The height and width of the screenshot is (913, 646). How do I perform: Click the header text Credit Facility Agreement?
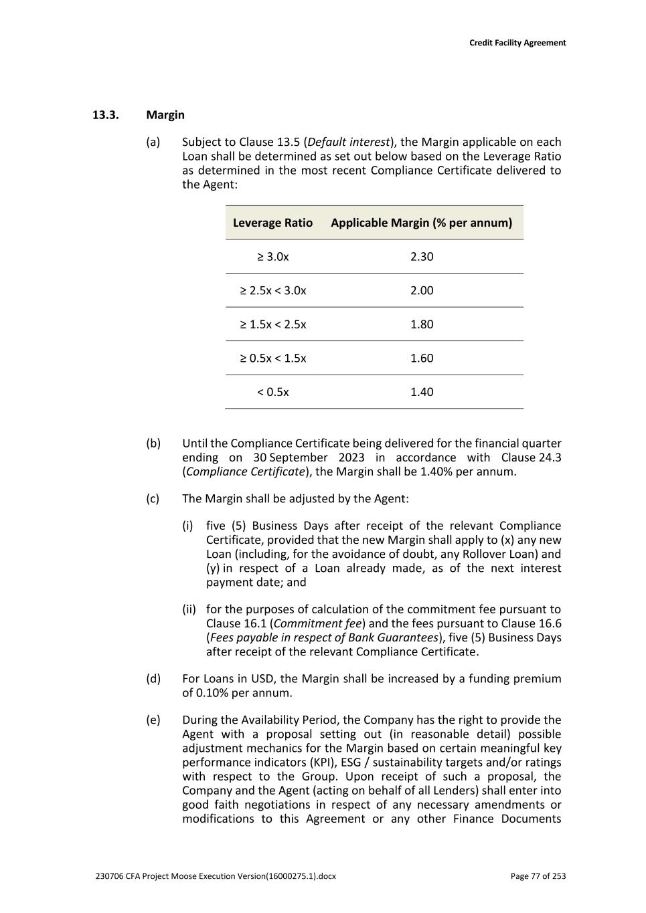click(517, 43)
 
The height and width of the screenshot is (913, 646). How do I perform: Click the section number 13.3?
click(105, 115)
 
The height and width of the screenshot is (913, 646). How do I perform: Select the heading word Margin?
click(165, 115)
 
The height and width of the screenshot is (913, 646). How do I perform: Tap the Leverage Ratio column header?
click(272, 223)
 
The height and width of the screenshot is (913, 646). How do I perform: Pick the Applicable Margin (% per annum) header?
click(421, 223)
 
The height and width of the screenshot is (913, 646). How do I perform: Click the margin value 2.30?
click(422, 257)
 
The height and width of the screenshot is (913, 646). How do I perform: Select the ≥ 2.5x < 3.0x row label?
click(273, 291)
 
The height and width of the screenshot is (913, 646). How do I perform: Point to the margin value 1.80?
click(422, 324)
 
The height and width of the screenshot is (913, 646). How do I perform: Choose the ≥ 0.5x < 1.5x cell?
click(273, 359)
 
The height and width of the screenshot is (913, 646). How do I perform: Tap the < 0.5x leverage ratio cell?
click(273, 392)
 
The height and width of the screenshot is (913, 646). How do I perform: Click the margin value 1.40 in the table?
click(422, 392)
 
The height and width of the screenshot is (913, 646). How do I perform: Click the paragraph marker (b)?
click(153, 443)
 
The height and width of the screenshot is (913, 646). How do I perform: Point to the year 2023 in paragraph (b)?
click(351, 458)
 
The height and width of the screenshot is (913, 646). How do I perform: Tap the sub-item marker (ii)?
click(189, 609)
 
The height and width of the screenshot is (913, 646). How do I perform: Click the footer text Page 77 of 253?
click(538, 876)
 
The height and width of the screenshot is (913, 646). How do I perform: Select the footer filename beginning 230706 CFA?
click(216, 876)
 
